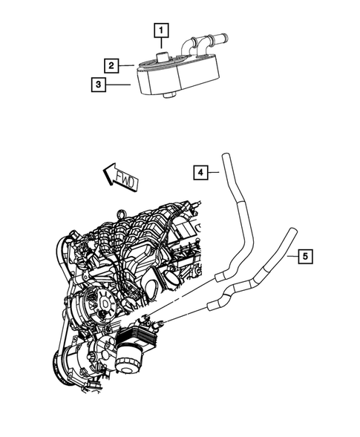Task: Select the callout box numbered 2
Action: click(x=109, y=66)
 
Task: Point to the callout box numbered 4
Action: click(x=200, y=174)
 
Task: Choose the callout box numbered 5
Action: click(x=305, y=257)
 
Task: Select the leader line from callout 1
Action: click(x=162, y=45)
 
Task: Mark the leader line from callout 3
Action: click(x=119, y=85)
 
